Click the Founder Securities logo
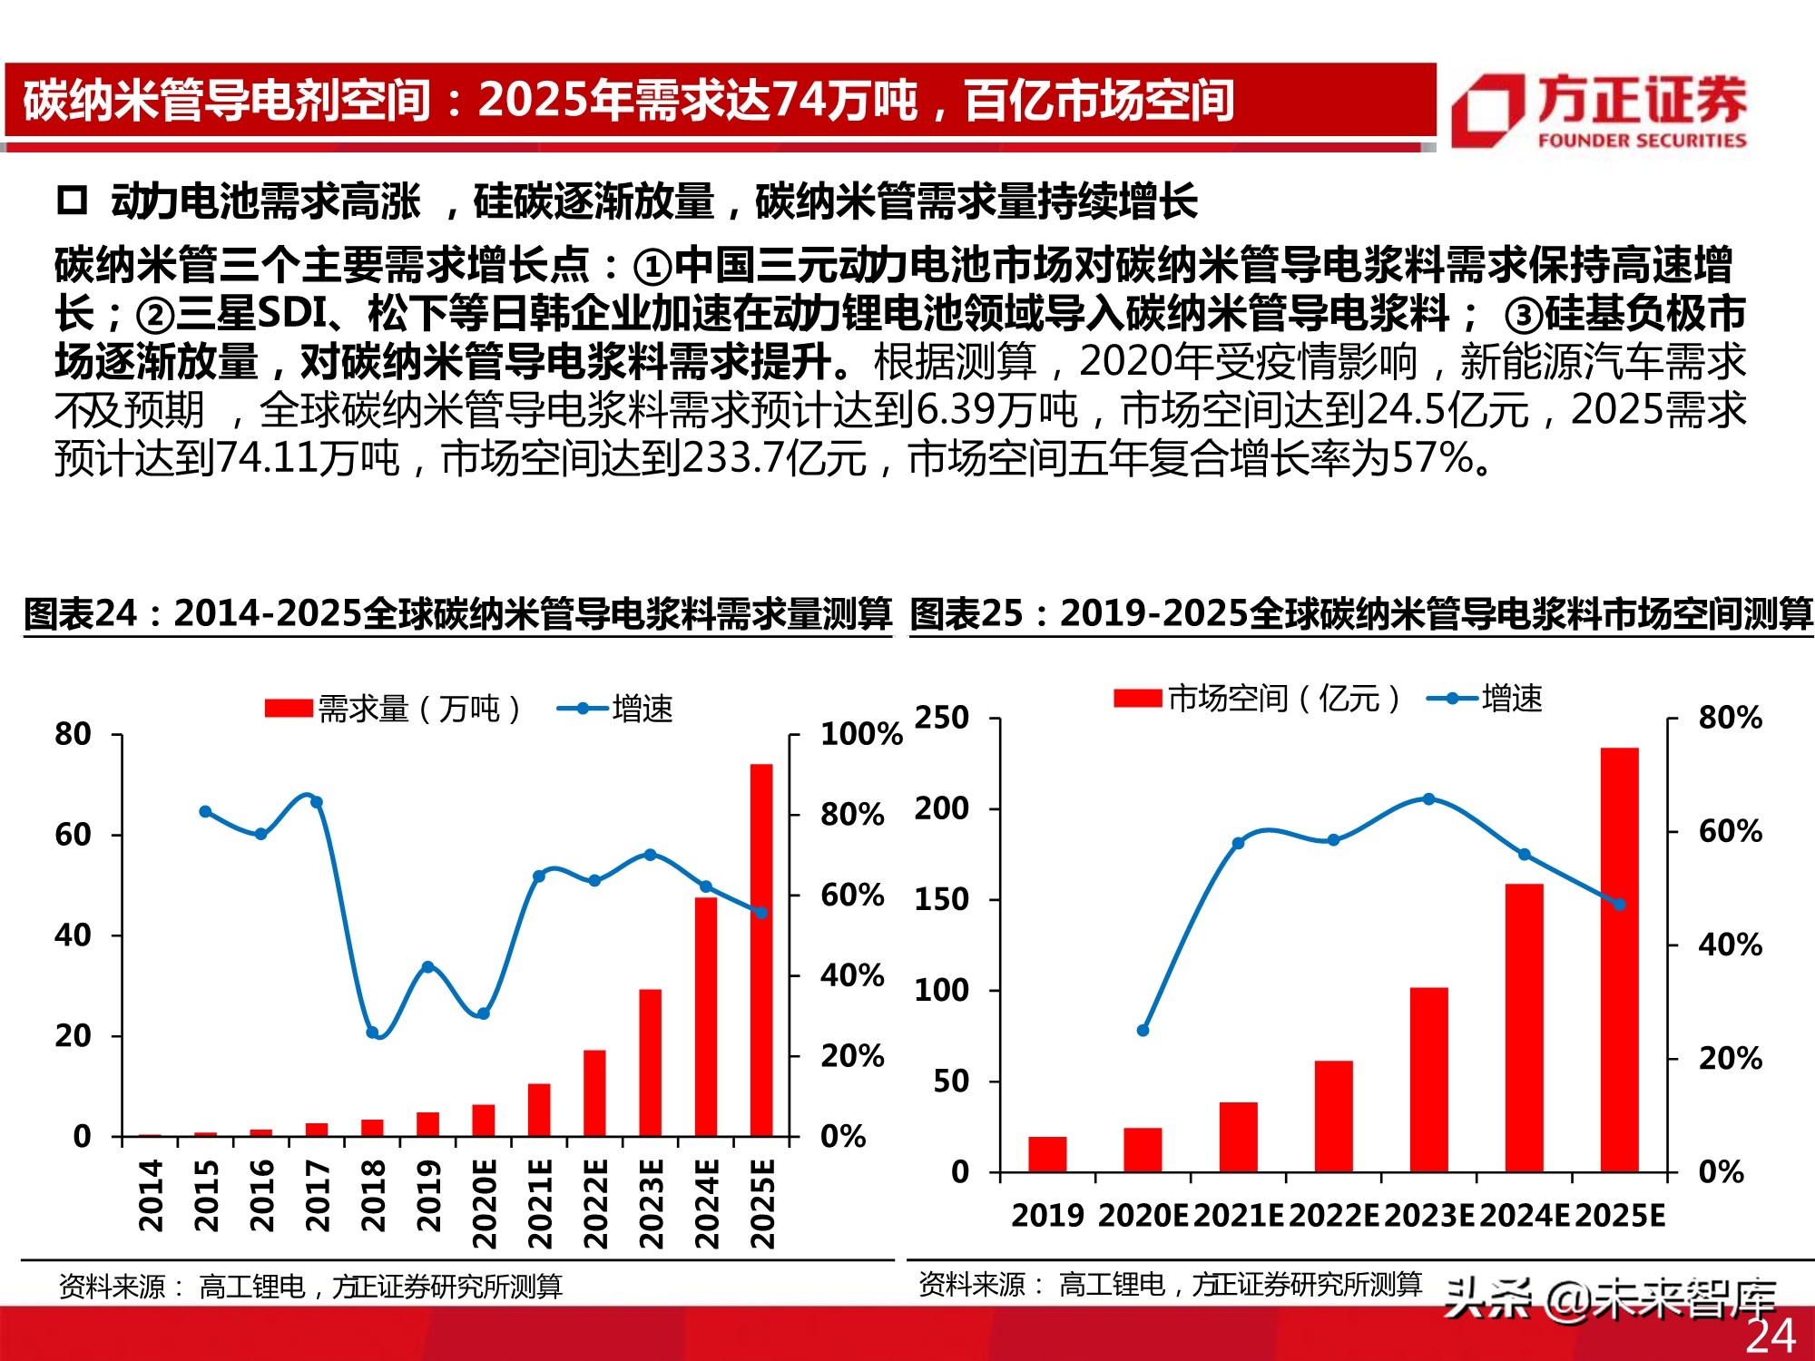coord(1600,110)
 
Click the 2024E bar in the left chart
coord(706,1016)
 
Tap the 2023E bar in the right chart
coord(1428,1080)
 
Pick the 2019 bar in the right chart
coord(1047,1154)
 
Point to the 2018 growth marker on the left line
coord(372,1033)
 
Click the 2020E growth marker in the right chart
coord(1143,1031)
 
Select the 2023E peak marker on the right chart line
coord(1428,799)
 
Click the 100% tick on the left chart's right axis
coord(860,734)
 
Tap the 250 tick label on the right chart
coord(942,718)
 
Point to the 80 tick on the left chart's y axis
coord(74,734)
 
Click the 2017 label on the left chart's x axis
coord(317,1195)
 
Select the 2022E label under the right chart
coord(1333,1216)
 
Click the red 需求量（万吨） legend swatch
coord(289,709)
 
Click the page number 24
coord(1771,1336)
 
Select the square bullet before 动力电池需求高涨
coord(72,201)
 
